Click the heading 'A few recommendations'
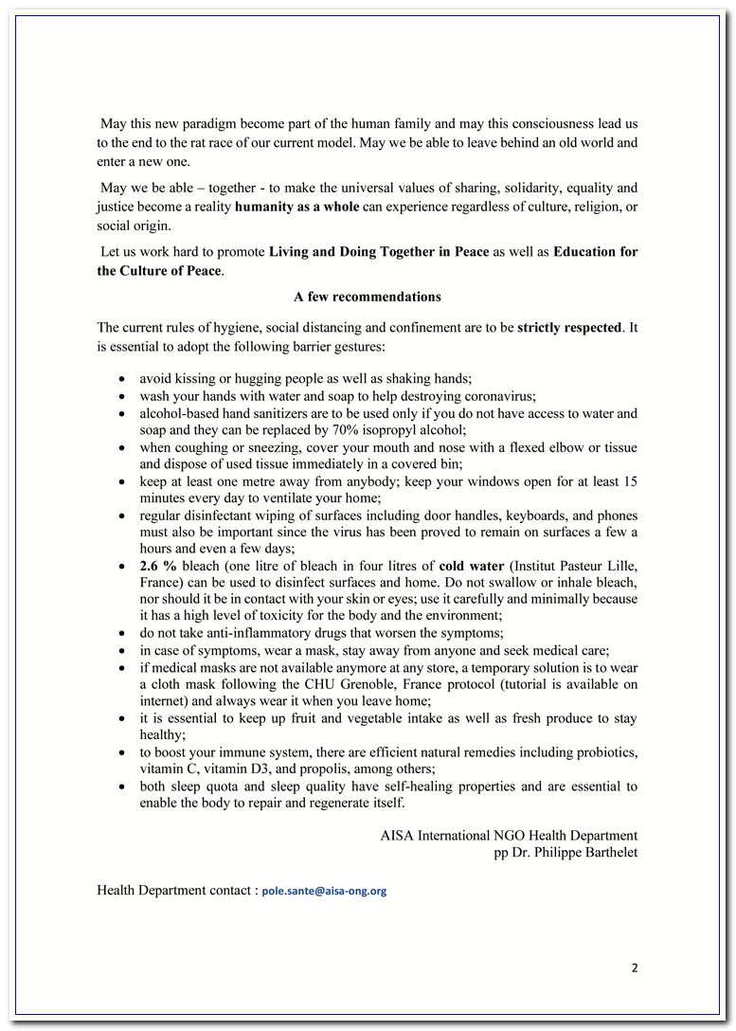tap(368, 297)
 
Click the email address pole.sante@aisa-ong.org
tap(324, 892)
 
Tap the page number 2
tap(635, 968)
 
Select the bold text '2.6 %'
tap(158, 566)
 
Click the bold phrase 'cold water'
tap(471, 566)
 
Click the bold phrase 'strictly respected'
tap(569, 328)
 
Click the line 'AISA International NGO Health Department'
tap(509, 835)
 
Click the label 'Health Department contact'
tap(175, 891)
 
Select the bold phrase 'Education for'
tap(595, 251)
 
